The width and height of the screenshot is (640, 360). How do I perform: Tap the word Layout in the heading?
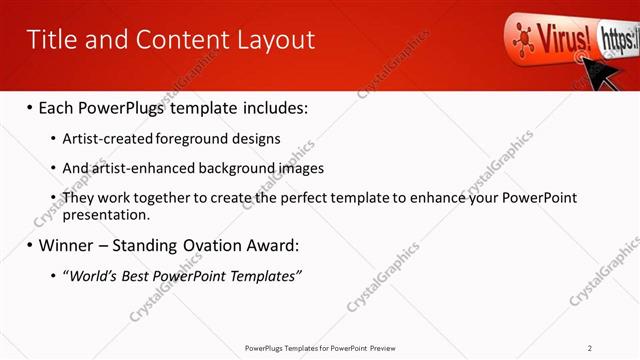coord(274,40)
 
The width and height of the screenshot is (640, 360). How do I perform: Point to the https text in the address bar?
coord(617,39)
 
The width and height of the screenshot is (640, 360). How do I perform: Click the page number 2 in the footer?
coord(590,348)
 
